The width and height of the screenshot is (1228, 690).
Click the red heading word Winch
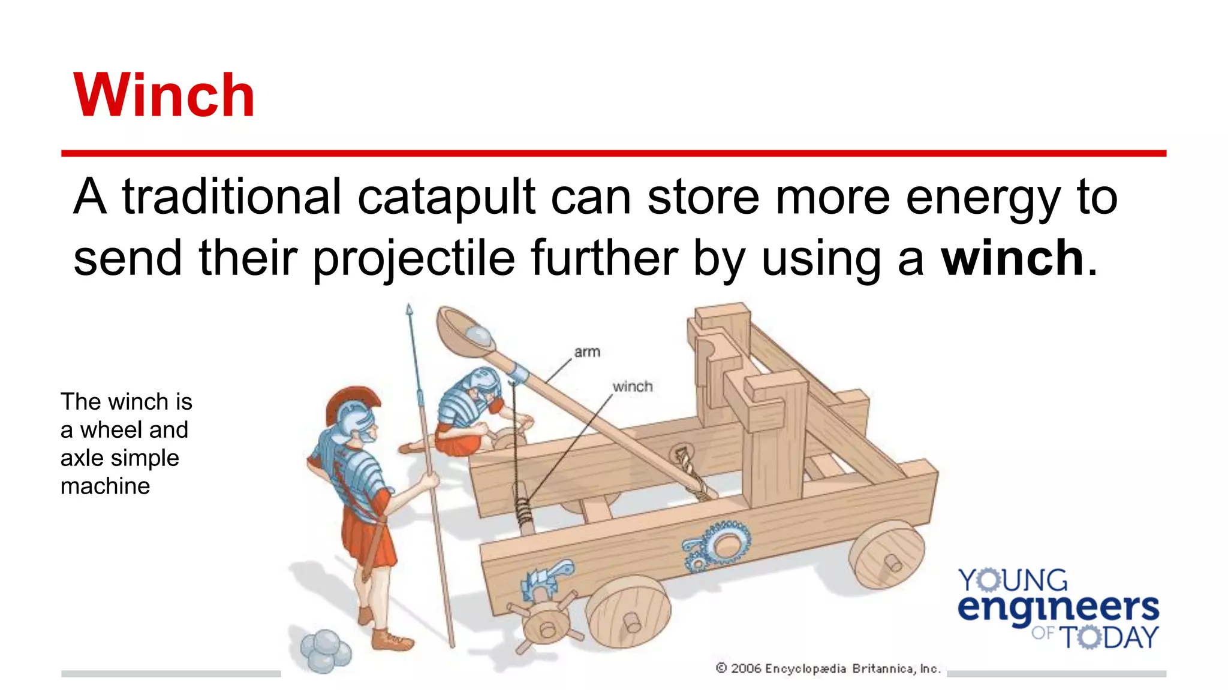click(164, 95)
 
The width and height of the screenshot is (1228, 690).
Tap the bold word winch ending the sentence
click(1012, 258)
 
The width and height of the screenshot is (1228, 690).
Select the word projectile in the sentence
click(414, 258)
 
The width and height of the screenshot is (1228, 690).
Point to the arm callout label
click(586, 352)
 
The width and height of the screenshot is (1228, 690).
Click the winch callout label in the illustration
click(632, 386)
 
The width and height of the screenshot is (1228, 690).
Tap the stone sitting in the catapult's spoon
click(479, 335)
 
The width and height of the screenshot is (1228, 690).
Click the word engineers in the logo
click(1058, 607)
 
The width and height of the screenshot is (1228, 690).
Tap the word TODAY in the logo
click(1109, 637)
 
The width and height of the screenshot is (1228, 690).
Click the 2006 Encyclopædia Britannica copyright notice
click(827, 668)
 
